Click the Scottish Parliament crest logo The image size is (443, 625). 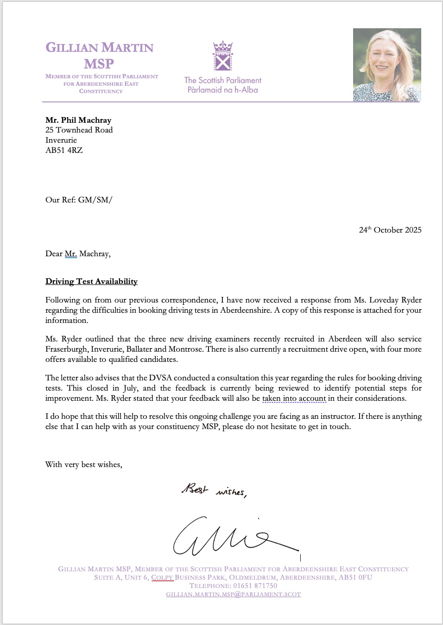coord(222,56)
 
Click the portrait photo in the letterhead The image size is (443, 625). coord(387,65)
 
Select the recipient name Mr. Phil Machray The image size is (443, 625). coord(78,120)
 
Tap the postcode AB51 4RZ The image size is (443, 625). coord(64,150)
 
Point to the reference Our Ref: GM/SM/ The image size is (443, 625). coord(79,200)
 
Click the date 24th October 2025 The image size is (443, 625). coord(390,230)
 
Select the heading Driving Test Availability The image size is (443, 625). coord(91,281)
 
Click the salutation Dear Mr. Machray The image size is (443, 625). coord(78,253)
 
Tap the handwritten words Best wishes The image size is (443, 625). coord(214,490)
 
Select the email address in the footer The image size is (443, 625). coord(234,594)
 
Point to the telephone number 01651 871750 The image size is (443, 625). coord(255,586)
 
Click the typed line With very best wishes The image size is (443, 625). coord(84,464)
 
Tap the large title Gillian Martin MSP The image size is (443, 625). coord(100,55)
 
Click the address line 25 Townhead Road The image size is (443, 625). coord(79,130)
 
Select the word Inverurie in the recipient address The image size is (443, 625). coord(61,140)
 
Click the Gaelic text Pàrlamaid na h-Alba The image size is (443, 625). coord(222,90)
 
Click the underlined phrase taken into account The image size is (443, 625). coord(294,398)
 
